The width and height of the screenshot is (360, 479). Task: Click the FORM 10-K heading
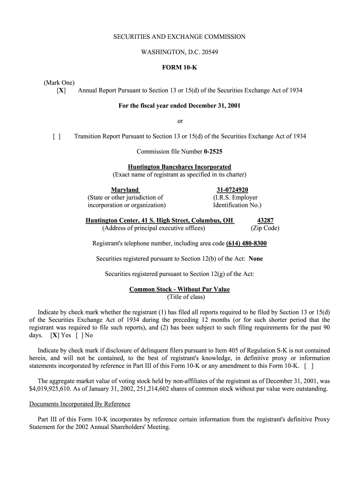tap(180, 67)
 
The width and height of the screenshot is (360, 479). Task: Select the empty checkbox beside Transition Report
tap(57, 137)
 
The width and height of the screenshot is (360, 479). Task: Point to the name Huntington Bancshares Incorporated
tap(180, 167)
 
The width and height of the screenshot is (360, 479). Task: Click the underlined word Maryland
tap(125, 190)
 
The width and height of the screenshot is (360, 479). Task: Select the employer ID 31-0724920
tap(232, 190)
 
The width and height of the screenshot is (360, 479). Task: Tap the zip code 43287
tap(266, 221)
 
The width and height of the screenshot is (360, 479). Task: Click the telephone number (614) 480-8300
tap(246, 244)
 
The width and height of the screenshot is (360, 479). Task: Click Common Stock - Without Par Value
tap(180, 290)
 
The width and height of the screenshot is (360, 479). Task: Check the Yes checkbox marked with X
tap(55, 335)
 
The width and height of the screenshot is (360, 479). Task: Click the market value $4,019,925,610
tap(51, 389)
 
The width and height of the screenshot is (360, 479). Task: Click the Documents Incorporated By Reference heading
tap(79, 404)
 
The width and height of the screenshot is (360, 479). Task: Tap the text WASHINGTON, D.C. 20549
tap(180, 52)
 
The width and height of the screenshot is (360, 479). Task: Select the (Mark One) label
tap(60, 83)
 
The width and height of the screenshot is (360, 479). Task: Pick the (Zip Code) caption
tap(265, 228)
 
